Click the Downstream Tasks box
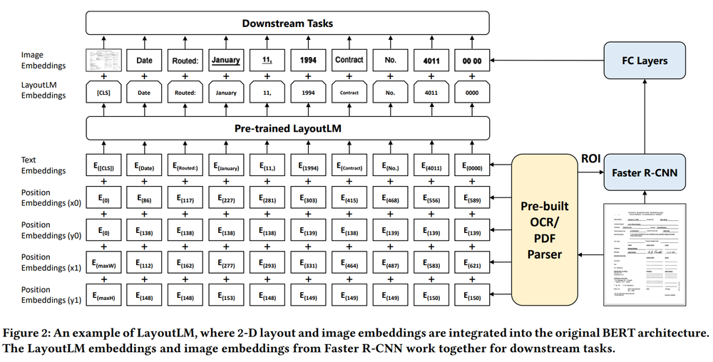point(287,23)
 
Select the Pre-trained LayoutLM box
point(287,129)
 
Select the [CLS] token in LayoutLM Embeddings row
point(103,93)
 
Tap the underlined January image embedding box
point(226,61)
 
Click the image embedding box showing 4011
point(431,61)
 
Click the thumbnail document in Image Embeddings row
point(103,61)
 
